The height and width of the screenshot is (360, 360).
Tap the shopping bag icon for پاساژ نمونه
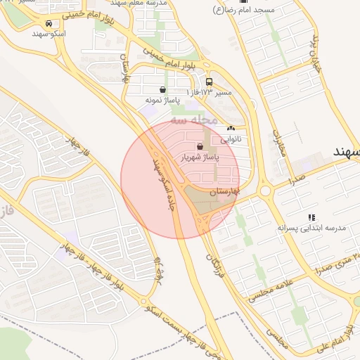coord(163,89)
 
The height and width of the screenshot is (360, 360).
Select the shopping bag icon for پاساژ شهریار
coord(201,146)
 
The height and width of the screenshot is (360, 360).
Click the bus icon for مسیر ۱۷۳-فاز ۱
coord(209,82)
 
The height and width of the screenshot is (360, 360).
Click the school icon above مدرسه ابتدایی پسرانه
coord(311,217)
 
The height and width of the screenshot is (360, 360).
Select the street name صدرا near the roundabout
coord(295,180)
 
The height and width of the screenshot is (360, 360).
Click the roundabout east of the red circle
coord(266,190)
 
